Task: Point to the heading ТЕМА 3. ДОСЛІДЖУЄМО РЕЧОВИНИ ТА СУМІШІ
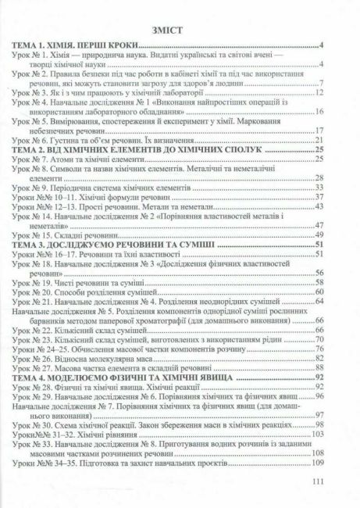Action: pos(102,245)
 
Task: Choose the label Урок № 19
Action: pos(30,280)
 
